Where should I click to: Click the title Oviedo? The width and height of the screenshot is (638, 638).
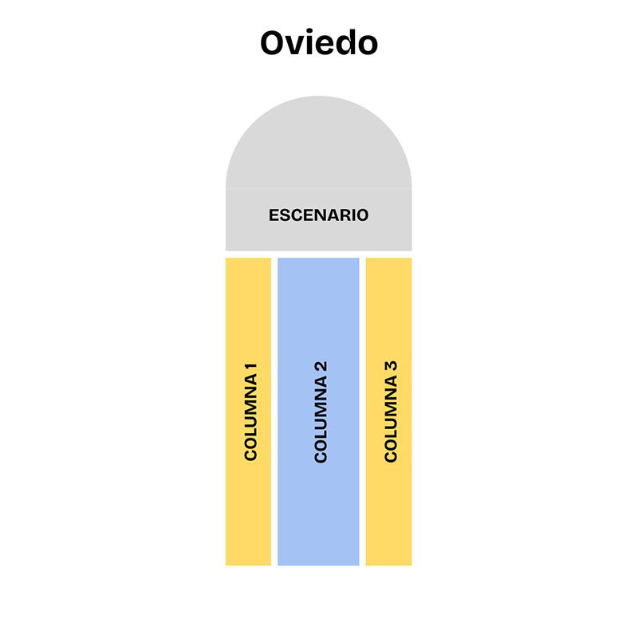319,42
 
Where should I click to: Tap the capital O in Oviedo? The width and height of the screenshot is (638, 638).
274,43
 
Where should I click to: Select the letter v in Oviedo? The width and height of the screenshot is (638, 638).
298,45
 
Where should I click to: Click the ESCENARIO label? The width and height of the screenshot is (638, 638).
318,215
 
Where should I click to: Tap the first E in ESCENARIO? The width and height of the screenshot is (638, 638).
274,215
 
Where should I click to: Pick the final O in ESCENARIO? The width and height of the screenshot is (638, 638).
362,215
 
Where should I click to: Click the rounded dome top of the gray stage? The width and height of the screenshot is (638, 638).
318,143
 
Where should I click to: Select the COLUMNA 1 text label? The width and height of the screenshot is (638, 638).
250,412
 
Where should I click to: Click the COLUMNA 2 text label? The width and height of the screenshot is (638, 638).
321,412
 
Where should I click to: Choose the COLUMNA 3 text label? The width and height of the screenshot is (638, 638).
391,412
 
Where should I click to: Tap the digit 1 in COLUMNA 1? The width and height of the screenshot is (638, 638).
251,368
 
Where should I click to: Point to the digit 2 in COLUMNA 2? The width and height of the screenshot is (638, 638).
321,366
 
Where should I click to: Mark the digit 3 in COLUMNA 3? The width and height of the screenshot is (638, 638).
391,366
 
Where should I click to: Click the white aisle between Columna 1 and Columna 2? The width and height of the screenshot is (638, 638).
274,412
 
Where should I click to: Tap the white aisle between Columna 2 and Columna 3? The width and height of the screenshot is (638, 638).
363,412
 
